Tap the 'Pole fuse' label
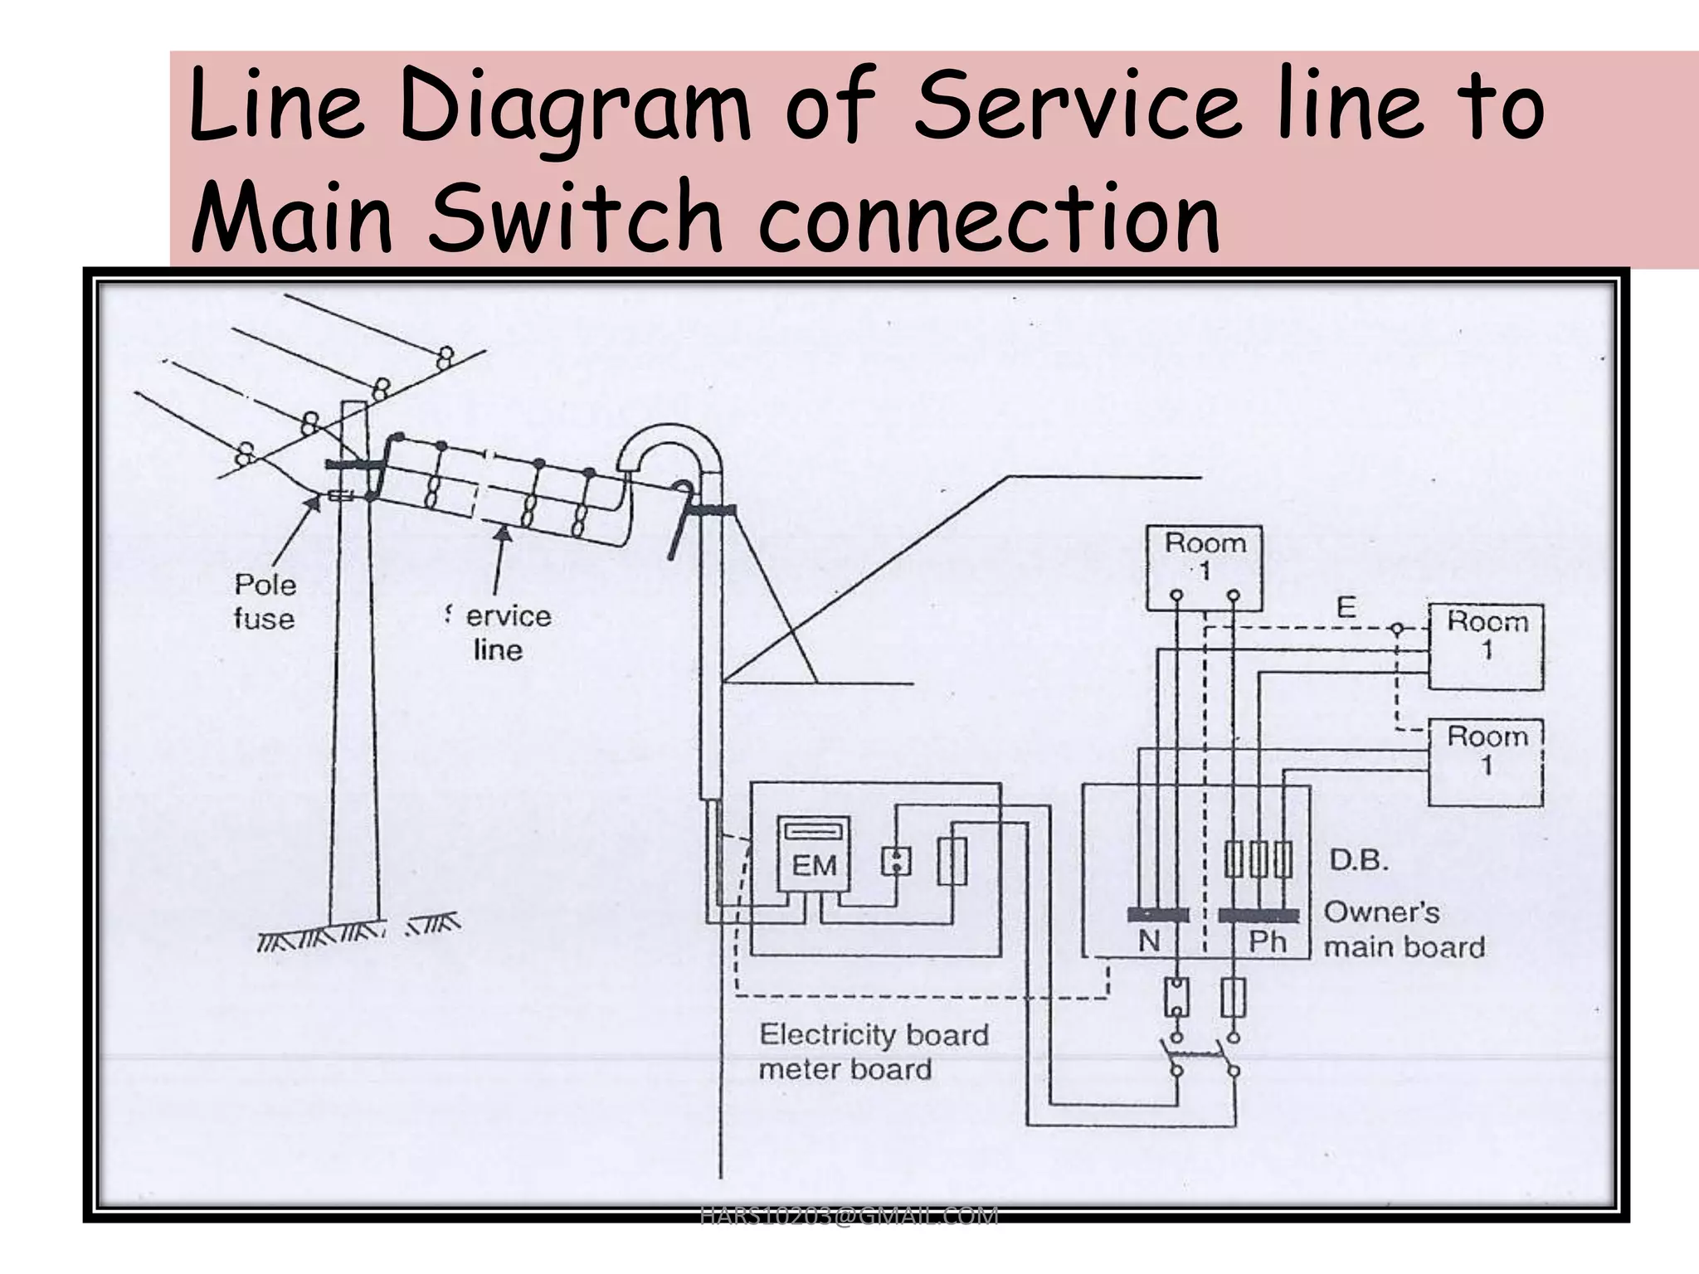pos(265,601)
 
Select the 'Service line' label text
pos(500,632)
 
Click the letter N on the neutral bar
pos(1149,941)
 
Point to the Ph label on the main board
pos(1267,942)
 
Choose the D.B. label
pos(1359,860)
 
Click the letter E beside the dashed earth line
pos(1346,608)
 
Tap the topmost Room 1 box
pos(1204,568)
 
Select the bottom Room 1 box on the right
pos(1485,762)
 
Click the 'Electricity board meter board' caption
pos(873,1052)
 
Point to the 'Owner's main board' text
pos(1403,930)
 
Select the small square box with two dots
pos(896,862)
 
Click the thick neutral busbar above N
pos(1156,915)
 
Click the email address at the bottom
pos(849,1216)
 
